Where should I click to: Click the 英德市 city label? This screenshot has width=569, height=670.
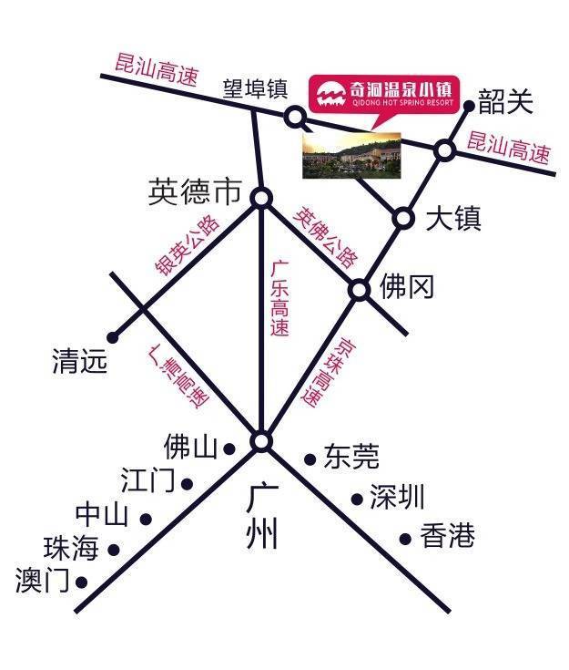[195, 192]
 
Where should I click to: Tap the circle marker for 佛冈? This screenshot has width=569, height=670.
[360, 290]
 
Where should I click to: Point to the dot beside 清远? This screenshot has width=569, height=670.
[113, 336]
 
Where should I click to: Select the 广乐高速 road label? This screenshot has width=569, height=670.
[280, 297]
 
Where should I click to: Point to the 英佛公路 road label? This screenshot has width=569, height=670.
[326, 236]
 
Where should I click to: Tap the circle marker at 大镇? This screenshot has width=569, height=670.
[403, 218]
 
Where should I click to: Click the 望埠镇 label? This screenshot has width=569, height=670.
[256, 89]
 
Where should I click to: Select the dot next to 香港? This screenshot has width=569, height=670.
[405, 539]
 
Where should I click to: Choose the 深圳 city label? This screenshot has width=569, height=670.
[397, 498]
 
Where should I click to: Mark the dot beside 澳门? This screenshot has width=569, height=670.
[82, 581]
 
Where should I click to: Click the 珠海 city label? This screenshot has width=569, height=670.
[70, 549]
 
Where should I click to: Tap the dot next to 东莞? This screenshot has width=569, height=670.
[310, 459]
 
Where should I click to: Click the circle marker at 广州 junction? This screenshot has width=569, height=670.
[262, 442]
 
